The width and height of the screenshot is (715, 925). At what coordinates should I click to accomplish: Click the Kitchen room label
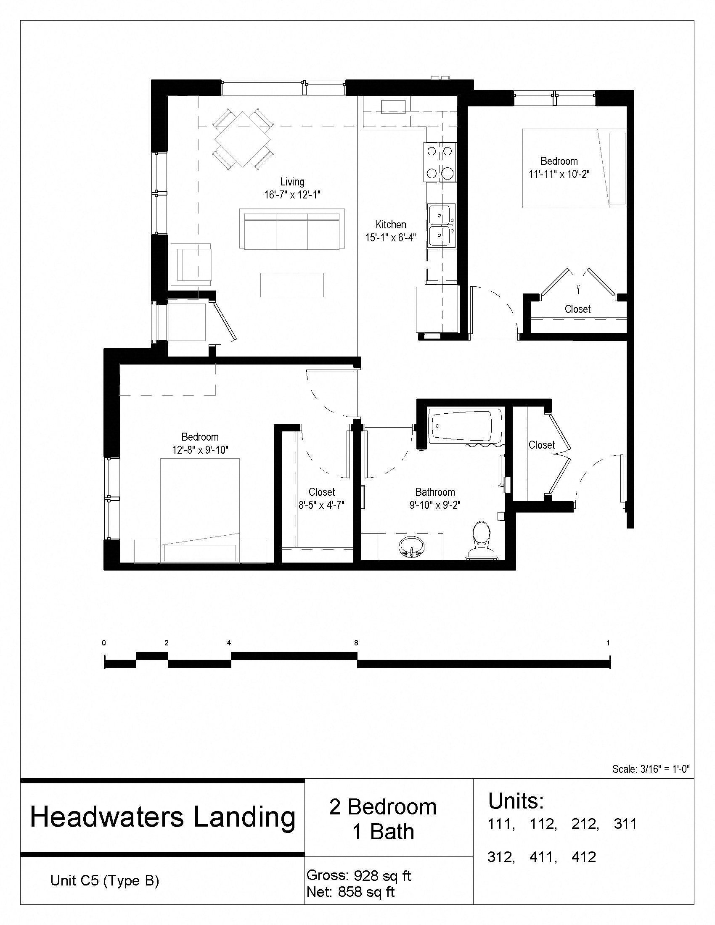click(x=391, y=225)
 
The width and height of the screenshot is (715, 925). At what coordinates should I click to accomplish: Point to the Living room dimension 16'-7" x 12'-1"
click(x=292, y=195)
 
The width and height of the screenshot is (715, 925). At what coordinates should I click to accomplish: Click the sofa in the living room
click(x=292, y=231)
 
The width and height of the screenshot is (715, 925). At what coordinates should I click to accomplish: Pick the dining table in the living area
click(x=243, y=140)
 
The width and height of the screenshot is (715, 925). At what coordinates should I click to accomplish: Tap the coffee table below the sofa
click(x=292, y=285)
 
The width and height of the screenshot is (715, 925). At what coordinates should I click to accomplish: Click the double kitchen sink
click(x=441, y=225)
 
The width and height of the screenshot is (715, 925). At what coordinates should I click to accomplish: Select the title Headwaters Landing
click(x=163, y=817)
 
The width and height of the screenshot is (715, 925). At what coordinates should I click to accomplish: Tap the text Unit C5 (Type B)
click(x=105, y=880)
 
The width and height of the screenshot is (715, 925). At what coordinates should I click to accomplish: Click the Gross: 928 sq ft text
click(x=358, y=875)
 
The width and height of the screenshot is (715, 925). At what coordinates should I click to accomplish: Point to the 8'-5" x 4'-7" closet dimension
click(x=322, y=505)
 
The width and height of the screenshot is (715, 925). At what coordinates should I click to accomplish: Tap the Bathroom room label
click(x=435, y=492)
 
